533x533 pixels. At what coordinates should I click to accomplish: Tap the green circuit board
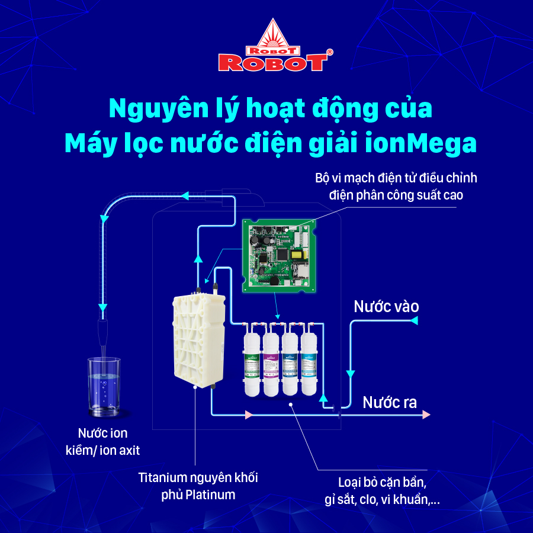[279, 255]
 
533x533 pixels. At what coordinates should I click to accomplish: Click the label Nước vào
[386, 306]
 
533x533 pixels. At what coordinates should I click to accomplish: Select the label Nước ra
[390, 403]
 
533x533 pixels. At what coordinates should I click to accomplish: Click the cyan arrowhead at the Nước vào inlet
[414, 320]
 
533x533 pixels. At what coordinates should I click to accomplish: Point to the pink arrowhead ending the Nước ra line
[426, 415]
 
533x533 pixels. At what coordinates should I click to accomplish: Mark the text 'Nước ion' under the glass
[102, 433]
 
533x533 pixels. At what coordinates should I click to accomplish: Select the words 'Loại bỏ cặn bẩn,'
[380, 481]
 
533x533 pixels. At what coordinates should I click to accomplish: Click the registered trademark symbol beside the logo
[329, 53]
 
